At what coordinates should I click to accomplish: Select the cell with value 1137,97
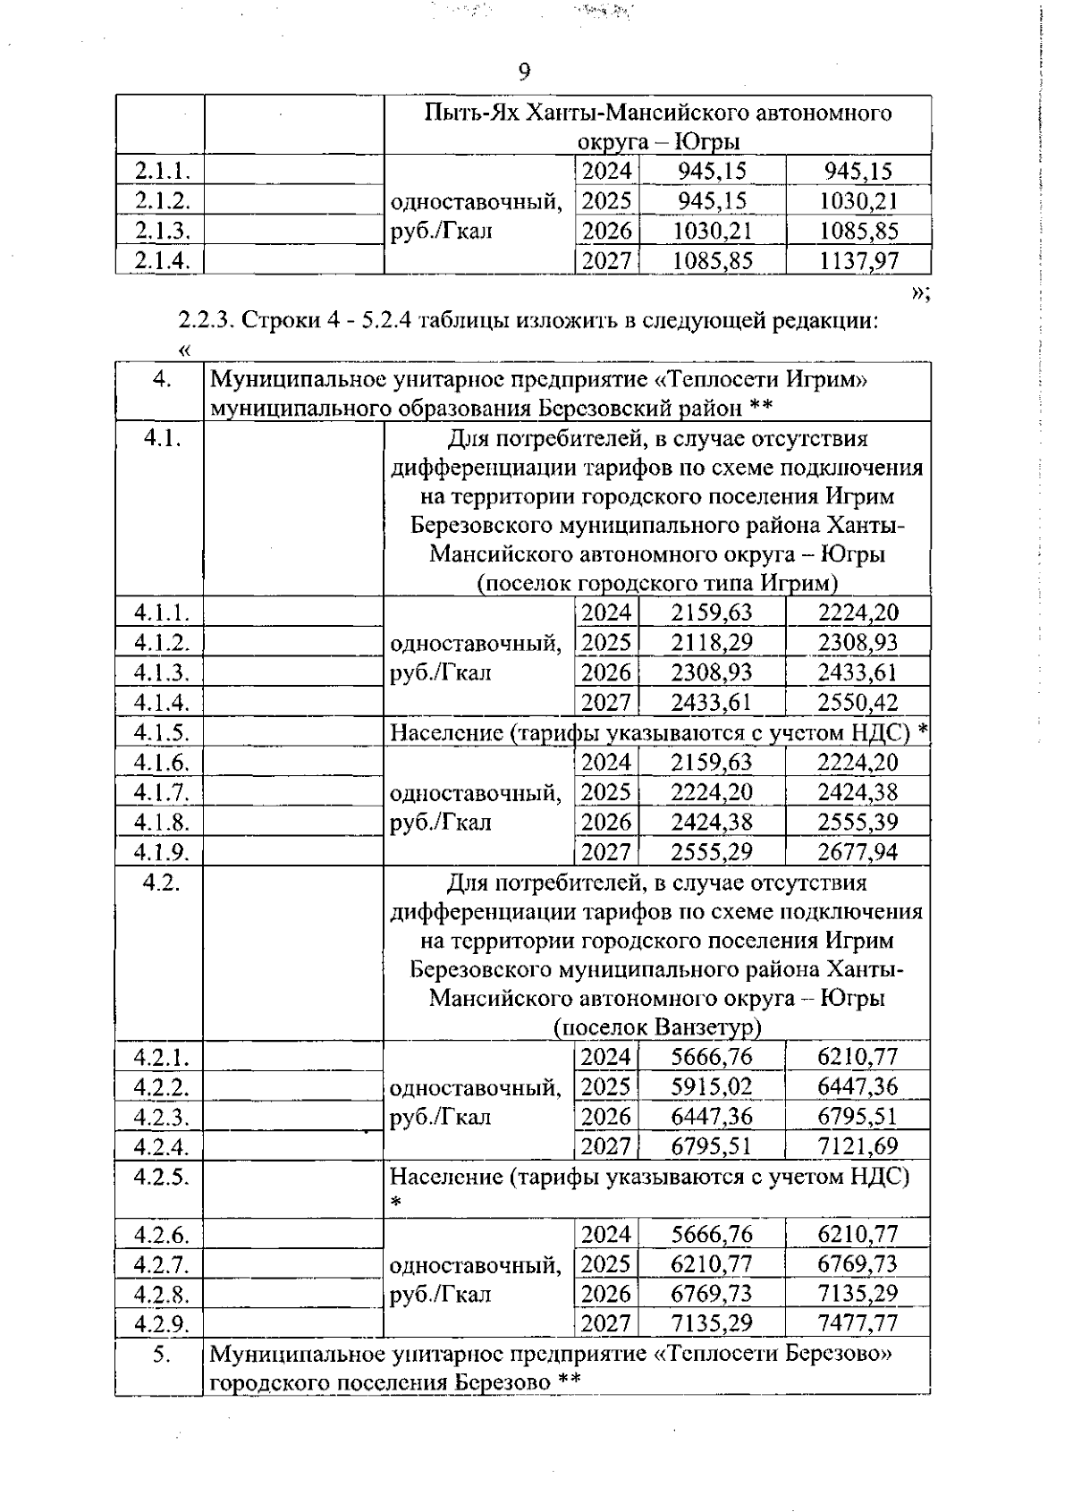(x=858, y=261)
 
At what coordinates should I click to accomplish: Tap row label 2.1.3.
(x=161, y=231)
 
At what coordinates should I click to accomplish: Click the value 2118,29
(x=712, y=643)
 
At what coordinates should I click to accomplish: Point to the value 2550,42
(x=858, y=703)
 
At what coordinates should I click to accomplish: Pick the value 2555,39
(x=858, y=822)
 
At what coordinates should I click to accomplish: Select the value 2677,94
(x=858, y=852)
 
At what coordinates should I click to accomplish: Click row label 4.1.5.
(x=161, y=732)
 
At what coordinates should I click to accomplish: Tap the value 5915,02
(x=712, y=1087)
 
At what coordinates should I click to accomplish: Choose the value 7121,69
(x=858, y=1146)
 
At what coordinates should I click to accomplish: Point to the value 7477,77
(x=858, y=1323)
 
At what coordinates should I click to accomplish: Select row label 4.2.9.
(x=161, y=1323)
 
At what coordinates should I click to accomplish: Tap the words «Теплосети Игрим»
(x=761, y=380)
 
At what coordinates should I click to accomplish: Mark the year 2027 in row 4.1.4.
(x=605, y=703)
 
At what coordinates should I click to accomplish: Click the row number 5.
(x=161, y=1354)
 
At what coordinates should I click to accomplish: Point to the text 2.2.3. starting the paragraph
(x=205, y=321)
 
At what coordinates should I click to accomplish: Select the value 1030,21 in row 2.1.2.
(x=858, y=201)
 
